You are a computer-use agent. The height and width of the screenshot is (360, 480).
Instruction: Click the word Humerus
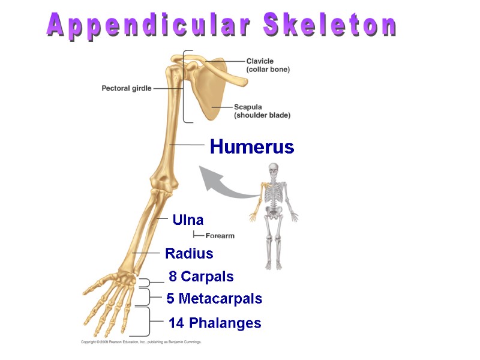point(252,147)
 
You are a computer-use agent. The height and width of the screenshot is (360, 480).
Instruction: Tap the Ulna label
point(188,220)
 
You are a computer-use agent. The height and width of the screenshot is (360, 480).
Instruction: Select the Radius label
point(189,254)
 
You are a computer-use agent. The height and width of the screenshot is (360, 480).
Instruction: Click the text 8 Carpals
point(201,277)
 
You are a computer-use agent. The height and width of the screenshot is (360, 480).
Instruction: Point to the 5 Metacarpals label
point(214,298)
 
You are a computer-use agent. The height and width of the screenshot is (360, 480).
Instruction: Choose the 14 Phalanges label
point(215,323)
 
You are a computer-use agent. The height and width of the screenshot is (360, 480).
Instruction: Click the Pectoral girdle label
point(126,88)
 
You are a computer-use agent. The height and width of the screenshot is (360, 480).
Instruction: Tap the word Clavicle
point(260,61)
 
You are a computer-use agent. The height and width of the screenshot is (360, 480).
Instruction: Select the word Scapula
point(248,107)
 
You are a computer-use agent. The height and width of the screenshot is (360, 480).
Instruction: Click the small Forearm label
point(220,236)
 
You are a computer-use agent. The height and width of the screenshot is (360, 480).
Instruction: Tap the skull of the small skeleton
point(274,169)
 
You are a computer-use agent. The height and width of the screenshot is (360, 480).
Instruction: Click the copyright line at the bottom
point(141,342)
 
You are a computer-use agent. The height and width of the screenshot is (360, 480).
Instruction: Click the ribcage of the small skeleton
point(274,193)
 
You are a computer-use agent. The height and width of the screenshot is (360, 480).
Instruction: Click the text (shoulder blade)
point(262,115)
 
